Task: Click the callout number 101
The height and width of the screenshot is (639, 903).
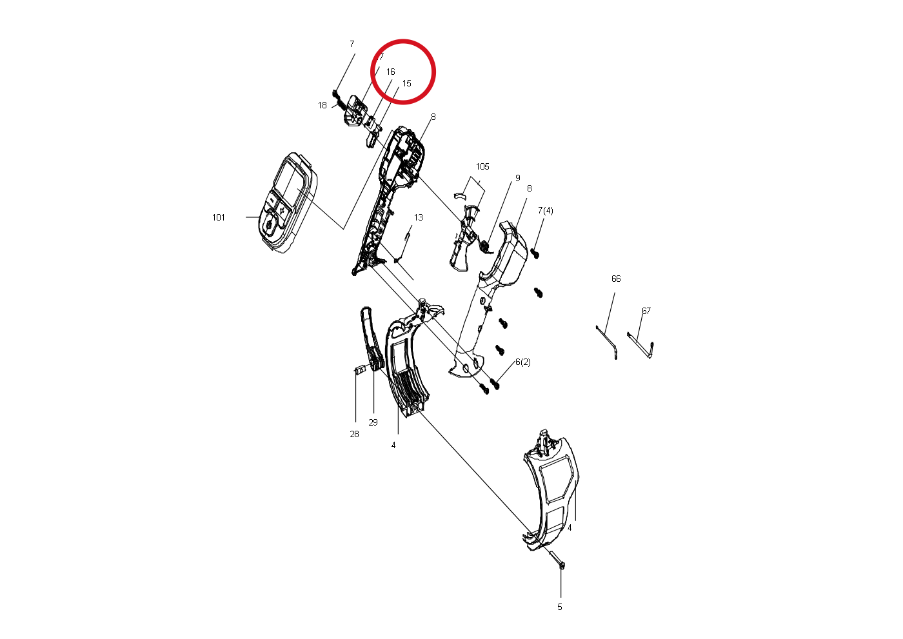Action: click(x=219, y=217)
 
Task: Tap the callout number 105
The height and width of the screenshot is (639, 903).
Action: click(x=482, y=166)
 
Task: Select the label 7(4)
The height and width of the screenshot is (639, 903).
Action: click(x=546, y=210)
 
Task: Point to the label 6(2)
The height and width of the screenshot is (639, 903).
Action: click(x=523, y=362)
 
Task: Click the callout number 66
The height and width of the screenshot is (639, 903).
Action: click(x=616, y=279)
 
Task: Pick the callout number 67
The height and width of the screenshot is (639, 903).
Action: click(x=646, y=311)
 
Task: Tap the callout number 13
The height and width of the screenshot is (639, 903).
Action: click(x=419, y=217)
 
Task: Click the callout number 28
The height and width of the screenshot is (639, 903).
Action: click(x=354, y=434)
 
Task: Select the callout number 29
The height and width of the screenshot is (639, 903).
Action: click(x=373, y=422)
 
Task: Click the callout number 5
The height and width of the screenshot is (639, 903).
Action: click(x=560, y=607)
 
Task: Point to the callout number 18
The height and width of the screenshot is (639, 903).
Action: click(x=322, y=105)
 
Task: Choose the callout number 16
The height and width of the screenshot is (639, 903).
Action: click(x=391, y=72)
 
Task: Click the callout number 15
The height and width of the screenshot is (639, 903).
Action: click(x=407, y=83)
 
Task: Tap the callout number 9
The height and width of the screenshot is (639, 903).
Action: click(x=517, y=178)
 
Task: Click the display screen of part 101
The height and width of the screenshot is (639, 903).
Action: click(x=288, y=182)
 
